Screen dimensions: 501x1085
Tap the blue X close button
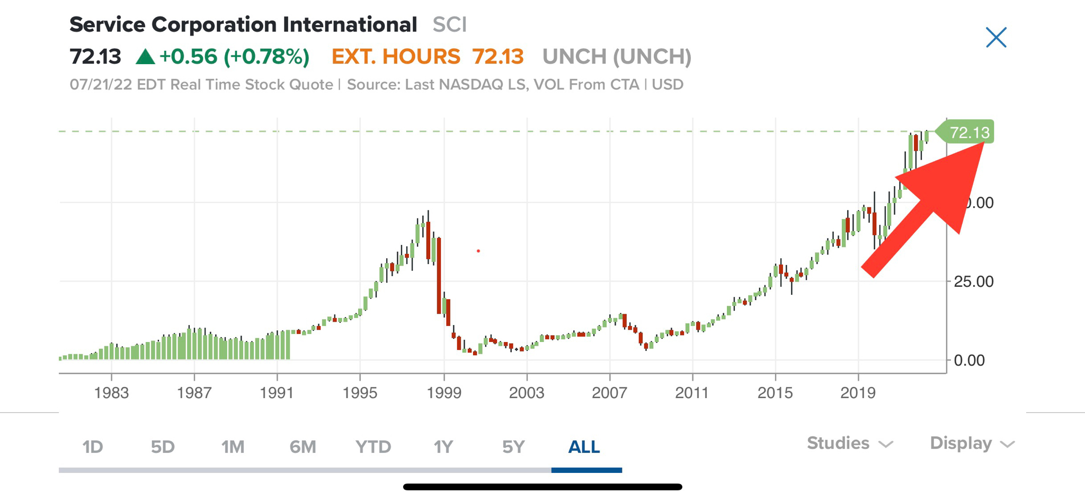(996, 38)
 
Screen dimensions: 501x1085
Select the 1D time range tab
(93, 447)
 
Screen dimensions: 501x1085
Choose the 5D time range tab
(163, 447)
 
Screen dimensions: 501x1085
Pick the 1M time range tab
(233, 447)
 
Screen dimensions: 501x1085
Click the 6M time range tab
(303, 447)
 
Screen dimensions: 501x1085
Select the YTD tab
(373, 447)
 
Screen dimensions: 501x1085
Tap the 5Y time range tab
(513, 447)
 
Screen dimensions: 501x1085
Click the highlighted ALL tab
(584, 447)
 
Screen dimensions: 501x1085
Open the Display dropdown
(972, 443)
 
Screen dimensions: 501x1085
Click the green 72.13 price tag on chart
(968, 132)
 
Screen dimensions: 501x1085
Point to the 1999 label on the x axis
(444, 393)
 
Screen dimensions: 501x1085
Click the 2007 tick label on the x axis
(609, 393)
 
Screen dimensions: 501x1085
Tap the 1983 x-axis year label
(111, 393)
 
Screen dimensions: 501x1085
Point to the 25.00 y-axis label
(974, 282)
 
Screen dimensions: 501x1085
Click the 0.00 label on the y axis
(969, 361)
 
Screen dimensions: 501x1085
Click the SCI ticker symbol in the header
(449, 25)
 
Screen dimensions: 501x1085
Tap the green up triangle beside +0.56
(145, 57)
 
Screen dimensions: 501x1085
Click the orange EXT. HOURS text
(396, 57)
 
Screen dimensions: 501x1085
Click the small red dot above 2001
(478, 251)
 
